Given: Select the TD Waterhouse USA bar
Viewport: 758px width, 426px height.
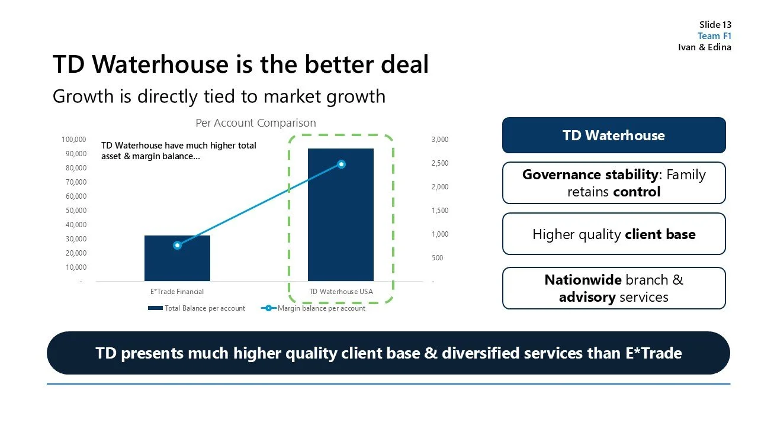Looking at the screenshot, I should point(341,225).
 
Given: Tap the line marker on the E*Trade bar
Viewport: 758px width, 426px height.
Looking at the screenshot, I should point(177,245).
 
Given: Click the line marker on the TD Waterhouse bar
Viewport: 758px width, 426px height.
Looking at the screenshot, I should point(341,164).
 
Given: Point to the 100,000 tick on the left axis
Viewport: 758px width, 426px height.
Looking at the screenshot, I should point(74,140).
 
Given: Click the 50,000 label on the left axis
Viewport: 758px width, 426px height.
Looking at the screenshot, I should point(76,211).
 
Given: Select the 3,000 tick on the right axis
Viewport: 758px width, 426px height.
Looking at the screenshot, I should point(440,140).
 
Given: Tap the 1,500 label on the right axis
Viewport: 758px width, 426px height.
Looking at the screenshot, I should point(440,211).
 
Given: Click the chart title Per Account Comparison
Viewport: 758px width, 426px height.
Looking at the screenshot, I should point(256,123).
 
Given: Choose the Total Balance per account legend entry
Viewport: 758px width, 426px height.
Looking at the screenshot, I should point(197,308).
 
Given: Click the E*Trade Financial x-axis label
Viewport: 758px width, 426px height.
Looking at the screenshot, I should point(177,292).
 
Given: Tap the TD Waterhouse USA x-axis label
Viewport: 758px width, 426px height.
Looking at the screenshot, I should point(341,292).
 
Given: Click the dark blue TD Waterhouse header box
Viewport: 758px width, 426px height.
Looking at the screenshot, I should point(614,135).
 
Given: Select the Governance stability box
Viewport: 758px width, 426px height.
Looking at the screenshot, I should point(614,183).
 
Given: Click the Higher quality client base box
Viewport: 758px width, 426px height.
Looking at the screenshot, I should point(614,234).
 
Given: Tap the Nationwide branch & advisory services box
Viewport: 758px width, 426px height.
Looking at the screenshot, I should point(614,288).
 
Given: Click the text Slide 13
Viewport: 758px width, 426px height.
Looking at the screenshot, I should point(715,25).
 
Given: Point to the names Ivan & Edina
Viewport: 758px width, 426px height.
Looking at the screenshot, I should point(705,47).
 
